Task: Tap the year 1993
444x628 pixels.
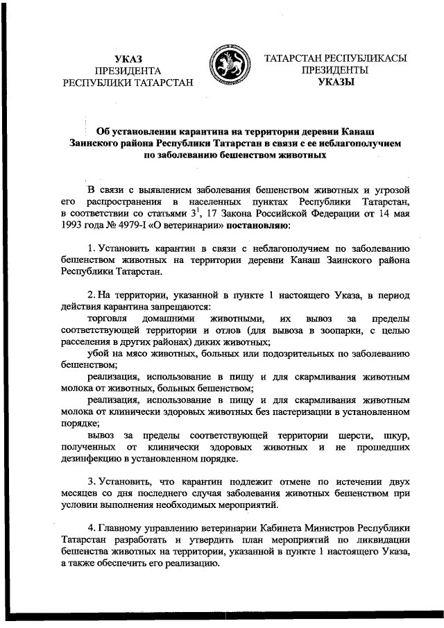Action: pyautogui.click(x=73, y=226)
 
